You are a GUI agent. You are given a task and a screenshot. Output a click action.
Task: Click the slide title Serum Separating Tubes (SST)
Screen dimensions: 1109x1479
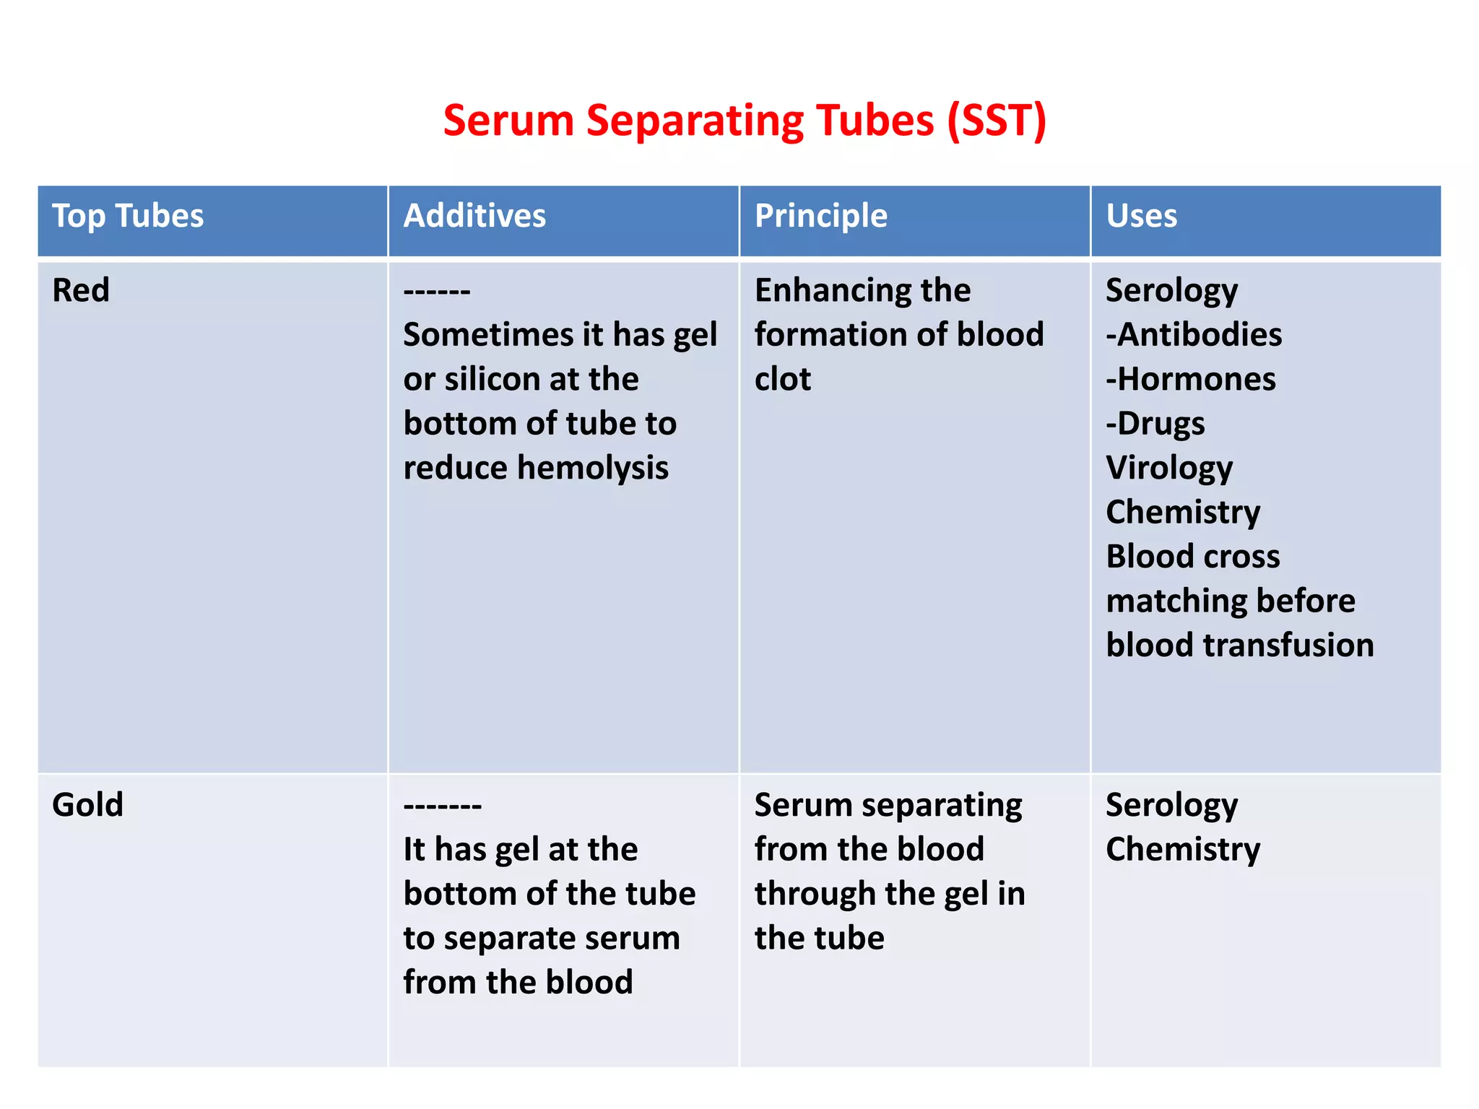tap(745, 121)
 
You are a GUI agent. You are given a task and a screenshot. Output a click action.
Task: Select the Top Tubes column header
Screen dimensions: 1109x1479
tap(128, 216)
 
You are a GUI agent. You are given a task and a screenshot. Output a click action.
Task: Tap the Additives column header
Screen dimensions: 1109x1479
tap(474, 216)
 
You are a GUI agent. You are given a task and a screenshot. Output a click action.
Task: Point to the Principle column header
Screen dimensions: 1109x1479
tap(820, 216)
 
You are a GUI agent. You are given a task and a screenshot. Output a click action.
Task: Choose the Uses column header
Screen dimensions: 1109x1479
tap(1141, 216)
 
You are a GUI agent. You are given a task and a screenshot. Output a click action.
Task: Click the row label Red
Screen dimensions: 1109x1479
tap(81, 290)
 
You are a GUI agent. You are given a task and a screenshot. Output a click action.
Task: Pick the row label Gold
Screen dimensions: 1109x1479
tap(87, 804)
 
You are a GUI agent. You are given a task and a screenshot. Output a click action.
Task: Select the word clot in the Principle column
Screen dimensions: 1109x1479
tap(782, 379)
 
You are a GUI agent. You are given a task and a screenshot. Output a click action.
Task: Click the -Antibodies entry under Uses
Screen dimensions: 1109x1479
tap(1194, 335)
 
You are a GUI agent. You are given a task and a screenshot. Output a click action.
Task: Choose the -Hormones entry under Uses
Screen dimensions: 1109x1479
tap(1191, 379)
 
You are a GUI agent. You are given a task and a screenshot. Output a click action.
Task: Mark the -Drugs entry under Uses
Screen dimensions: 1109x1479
tap(1155, 424)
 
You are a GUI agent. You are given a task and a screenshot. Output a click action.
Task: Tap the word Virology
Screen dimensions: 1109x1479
tap(1169, 468)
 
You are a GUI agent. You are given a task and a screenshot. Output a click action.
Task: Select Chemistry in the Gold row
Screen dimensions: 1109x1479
tap(1183, 849)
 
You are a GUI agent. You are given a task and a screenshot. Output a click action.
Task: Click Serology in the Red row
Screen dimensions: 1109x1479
tap(1171, 291)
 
